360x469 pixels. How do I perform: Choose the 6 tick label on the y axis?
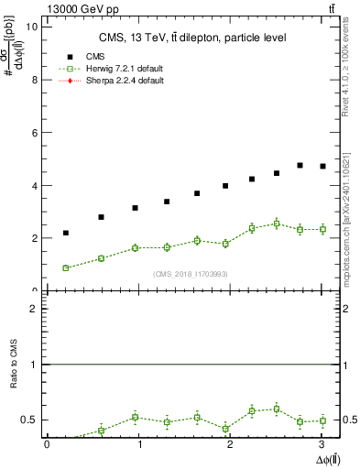coord(35,133)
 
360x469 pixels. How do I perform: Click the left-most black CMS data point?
coord(66,233)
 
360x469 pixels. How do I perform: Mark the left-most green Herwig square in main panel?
coord(66,267)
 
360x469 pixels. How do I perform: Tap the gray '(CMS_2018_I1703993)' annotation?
coord(191,275)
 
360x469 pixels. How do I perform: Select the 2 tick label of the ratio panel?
coord(35,310)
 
